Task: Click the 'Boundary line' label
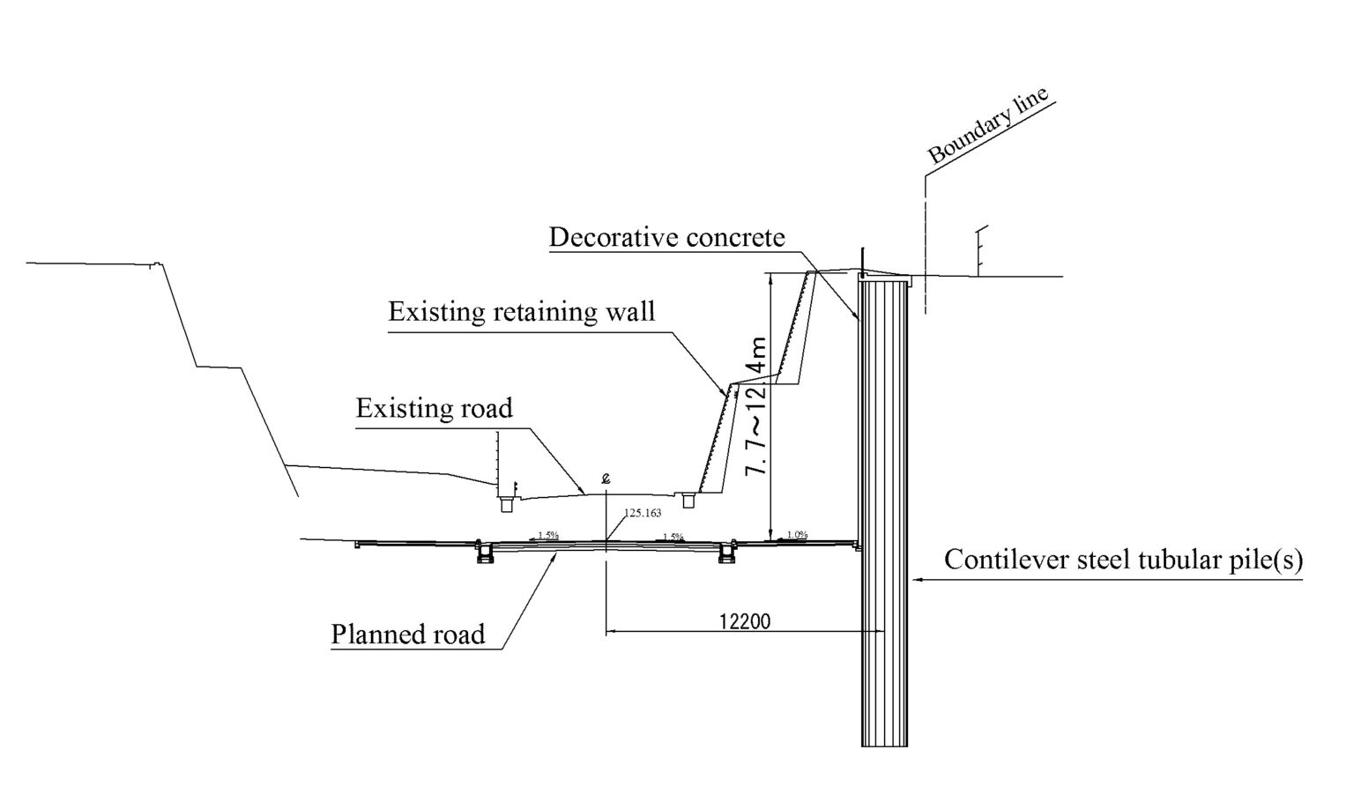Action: pyautogui.click(x=989, y=126)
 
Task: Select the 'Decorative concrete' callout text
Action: pyautogui.click(x=666, y=238)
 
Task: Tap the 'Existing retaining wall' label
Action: pyautogui.click(x=522, y=312)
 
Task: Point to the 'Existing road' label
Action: pyautogui.click(x=434, y=409)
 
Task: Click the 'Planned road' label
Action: pyautogui.click(x=408, y=635)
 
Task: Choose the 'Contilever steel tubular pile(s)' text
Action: pyautogui.click(x=1123, y=560)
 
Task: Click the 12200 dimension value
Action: pyautogui.click(x=744, y=621)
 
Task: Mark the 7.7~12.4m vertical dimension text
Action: pyautogui.click(x=757, y=405)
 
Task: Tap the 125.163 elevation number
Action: pyautogui.click(x=643, y=512)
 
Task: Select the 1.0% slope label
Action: pyautogui.click(x=797, y=534)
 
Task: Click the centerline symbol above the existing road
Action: pyautogui.click(x=606, y=479)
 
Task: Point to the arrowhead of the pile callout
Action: pyautogui.click(x=914, y=580)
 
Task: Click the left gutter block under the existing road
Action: pyautogui.click(x=508, y=505)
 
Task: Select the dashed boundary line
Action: pyautogui.click(x=926, y=247)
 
